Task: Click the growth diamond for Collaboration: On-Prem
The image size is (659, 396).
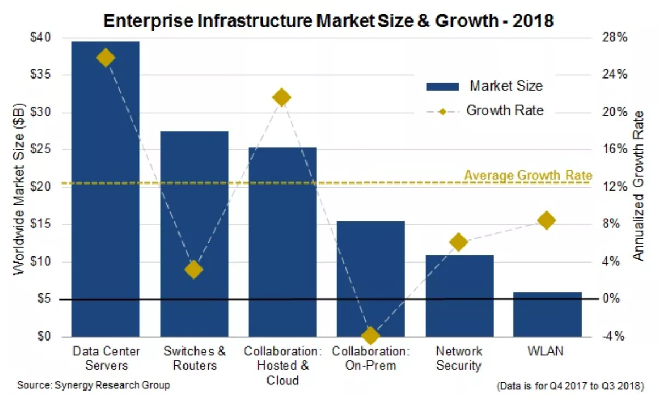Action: (x=371, y=335)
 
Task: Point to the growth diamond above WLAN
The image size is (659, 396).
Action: (x=546, y=220)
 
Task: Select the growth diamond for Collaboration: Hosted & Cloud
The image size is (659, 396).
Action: (x=282, y=98)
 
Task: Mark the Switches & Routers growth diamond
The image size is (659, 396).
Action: (x=193, y=269)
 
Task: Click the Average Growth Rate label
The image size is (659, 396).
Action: (x=528, y=175)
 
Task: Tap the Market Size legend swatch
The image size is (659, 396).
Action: (x=442, y=86)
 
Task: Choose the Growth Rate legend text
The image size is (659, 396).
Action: (x=505, y=110)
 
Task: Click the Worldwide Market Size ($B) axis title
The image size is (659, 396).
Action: (x=18, y=187)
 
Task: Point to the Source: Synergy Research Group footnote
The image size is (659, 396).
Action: (x=93, y=385)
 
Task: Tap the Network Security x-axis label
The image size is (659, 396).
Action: (x=459, y=358)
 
